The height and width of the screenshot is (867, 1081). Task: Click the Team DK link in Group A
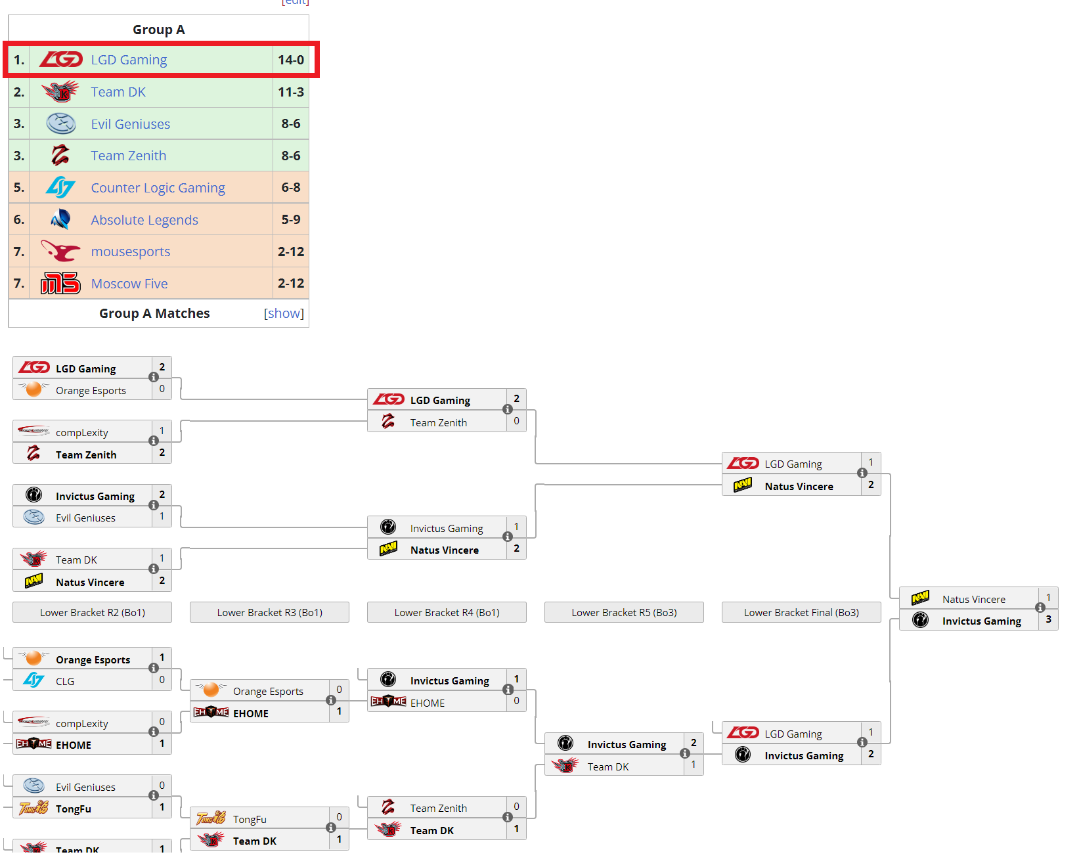click(x=118, y=92)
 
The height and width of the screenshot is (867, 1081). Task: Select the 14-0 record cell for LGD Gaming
click(x=290, y=60)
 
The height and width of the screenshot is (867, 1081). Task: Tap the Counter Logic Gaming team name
click(x=158, y=188)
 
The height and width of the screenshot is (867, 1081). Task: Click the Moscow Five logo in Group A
click(x=60, y=284)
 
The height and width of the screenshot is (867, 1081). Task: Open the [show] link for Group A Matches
click(x=284, y=313)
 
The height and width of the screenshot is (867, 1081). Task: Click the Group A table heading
click(x=158, y=30)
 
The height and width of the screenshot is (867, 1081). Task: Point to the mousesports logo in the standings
click(x=60, y=252)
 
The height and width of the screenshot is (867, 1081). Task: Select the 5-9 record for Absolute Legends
click(x=290, y=219)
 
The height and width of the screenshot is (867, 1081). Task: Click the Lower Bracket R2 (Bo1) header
click(x=92, y=612)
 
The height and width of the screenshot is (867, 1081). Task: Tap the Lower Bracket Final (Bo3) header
click(x=801, y=612)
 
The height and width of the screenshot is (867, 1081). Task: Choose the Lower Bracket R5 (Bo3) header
click(x=624, y=612)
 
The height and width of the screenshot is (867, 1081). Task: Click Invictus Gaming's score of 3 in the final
click(x=1048, y=619)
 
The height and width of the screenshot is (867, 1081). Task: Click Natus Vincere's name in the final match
click(x=973, y=599)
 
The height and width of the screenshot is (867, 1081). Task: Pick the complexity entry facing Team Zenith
click(x=82, y=432)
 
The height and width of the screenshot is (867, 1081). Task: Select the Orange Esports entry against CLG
click(x=93, y=659)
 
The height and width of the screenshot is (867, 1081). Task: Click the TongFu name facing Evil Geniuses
click(x=74, y=809)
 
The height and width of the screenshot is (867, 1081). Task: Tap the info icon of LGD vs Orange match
click(x=154, y=377)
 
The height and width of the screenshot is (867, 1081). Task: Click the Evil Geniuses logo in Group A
click(x=60, y=123)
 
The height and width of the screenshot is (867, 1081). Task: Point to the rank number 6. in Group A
click(x=19, y=219)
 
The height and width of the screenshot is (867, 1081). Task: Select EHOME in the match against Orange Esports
click(x=251, y=713)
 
